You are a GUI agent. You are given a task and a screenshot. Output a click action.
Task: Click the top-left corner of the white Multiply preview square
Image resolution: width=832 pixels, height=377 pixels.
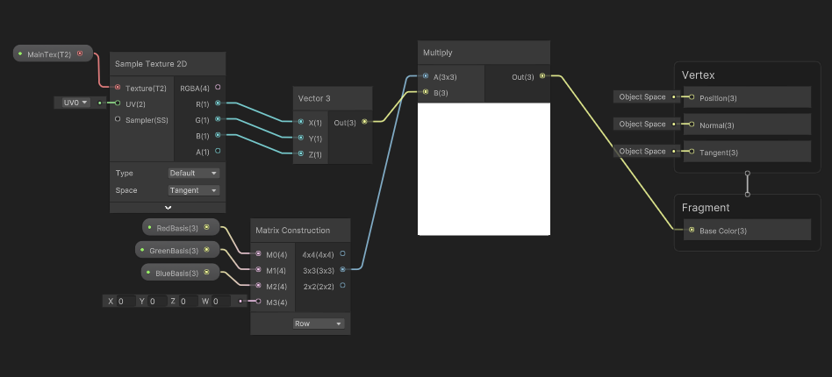pos(418,103)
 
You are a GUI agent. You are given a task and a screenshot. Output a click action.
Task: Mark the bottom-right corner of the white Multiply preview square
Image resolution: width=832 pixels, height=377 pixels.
pos(550,235)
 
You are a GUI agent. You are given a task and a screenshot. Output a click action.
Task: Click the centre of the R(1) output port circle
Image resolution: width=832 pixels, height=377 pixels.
pos(218,103)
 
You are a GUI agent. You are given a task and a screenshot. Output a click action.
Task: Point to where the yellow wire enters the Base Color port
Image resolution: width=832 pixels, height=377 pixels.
pos(692,230)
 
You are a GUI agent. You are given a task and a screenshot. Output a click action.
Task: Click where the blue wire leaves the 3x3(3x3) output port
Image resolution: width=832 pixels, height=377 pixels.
pos(342,270)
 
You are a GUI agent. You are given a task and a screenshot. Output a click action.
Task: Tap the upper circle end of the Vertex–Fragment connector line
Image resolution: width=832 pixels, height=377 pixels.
pos(747,173)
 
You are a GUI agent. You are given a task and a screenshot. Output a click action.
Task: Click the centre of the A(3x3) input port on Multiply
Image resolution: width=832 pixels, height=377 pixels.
pos(426,76)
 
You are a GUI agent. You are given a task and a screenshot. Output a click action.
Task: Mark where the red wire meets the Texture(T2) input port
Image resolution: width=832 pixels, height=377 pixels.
pos(118,87)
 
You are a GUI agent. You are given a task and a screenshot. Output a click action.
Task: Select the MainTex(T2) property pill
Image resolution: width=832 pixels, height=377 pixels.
pos(53,53)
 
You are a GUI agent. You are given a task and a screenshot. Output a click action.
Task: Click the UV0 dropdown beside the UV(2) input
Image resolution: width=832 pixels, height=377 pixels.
pos(73,103)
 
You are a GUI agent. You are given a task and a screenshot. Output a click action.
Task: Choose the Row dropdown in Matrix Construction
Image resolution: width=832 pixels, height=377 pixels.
pos(319,324)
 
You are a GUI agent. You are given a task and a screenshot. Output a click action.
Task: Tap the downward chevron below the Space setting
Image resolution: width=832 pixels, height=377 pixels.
pos(168,208)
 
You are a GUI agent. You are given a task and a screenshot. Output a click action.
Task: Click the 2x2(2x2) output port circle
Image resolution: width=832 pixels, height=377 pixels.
pos(342,285)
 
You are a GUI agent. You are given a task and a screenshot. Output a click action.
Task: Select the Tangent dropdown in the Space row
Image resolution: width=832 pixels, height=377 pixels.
pos(194,190)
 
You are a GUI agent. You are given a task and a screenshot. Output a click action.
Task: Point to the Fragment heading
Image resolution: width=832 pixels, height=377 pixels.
pos(706,208)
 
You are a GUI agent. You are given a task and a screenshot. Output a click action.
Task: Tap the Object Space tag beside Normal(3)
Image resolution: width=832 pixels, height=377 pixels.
pos(642,124)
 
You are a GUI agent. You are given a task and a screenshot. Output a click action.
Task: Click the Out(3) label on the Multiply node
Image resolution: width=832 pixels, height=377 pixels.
pos(523,77)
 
